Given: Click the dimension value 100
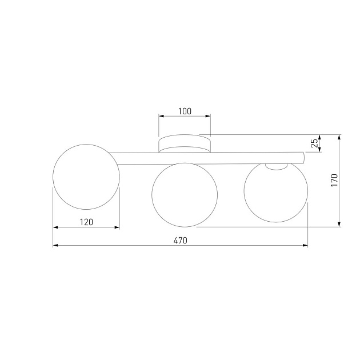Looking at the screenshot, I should click(184, 111).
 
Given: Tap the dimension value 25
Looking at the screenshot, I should click(314, 143).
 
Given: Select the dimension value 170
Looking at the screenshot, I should click(334, 181).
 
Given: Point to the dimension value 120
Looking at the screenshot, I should click(86, 222).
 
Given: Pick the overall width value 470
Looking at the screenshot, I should click(180, 241).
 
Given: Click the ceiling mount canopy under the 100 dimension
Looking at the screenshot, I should click(184, 144).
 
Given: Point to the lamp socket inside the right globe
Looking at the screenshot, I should click(277, 166).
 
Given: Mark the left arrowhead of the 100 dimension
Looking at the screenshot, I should click(161, 117).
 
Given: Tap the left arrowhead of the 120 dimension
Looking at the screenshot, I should click(55, 227).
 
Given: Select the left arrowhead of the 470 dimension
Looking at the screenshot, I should click(55, 246).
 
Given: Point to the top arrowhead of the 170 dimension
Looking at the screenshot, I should click(340, 137).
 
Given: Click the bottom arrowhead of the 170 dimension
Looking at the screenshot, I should click(340, 225).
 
